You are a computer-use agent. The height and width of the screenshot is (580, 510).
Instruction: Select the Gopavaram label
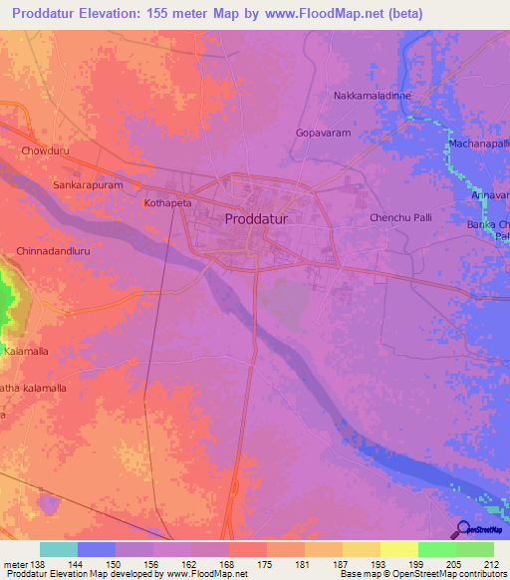[x=324, y=132]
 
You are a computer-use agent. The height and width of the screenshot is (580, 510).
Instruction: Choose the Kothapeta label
[x=167, y=202]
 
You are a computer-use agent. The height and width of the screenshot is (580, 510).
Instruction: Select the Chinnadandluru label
[x=54, y=252]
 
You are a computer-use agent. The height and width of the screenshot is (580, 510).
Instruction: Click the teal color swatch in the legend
[x=59, y=549]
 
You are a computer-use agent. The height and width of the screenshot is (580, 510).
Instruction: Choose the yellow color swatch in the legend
[x=398, y=549]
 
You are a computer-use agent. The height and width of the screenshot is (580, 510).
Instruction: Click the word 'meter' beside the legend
[x=15, y=564]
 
